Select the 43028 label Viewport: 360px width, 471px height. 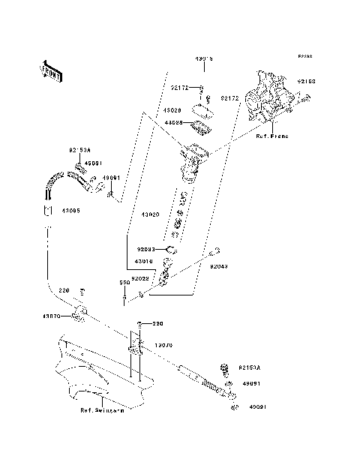172,109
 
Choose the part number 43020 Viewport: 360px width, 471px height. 151,214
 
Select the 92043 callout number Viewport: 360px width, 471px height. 219,265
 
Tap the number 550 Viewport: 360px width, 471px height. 125,283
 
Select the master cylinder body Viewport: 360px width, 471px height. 191,161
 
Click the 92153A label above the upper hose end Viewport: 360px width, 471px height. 79,151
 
